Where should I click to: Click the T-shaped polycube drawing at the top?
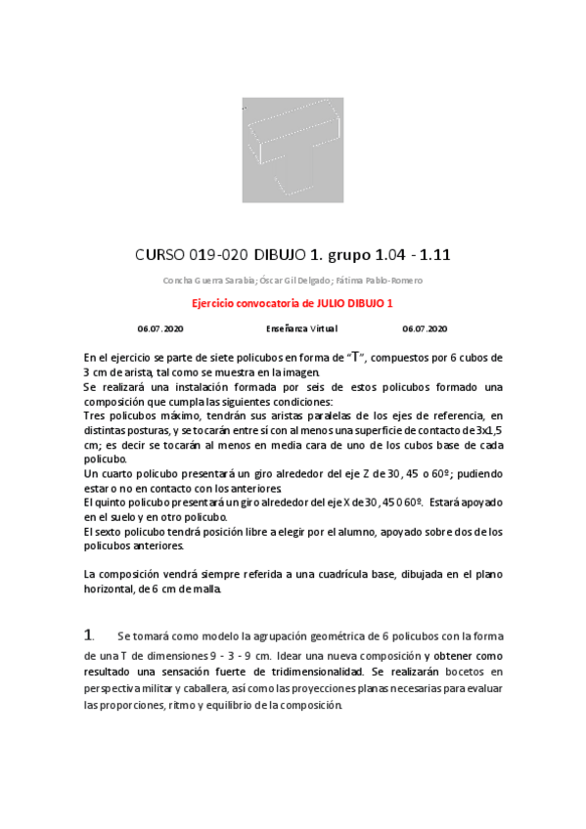[x=293, y=150]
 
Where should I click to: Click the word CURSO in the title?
[x=158, y=256]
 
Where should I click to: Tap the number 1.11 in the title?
[x=432, y=256]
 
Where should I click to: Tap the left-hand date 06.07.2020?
[x=160, y=328]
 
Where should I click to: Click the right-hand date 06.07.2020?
[x=425, y=328]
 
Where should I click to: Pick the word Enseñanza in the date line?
[x=287, y=328]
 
